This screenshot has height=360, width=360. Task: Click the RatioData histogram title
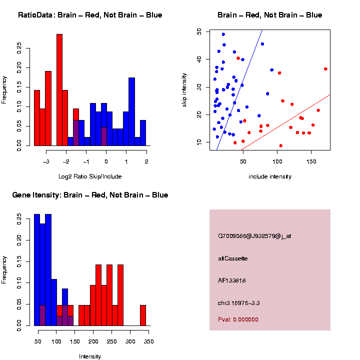click(x=90, y=15)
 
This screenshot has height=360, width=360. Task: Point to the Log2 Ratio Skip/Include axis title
click(x=90, y=176)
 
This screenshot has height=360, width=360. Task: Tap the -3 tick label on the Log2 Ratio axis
click(x=46, y=161)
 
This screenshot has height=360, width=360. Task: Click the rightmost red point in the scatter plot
click(x=325, y=69)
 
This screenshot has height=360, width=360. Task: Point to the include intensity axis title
click(x=270, y=176)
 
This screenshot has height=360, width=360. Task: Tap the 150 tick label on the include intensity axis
click(x=310, y=161)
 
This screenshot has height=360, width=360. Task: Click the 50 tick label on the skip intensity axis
click(x=198, y=31)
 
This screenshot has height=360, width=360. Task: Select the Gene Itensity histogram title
click(x=90, y=195)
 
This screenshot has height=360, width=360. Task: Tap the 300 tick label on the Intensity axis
click(x=130, y=341)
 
